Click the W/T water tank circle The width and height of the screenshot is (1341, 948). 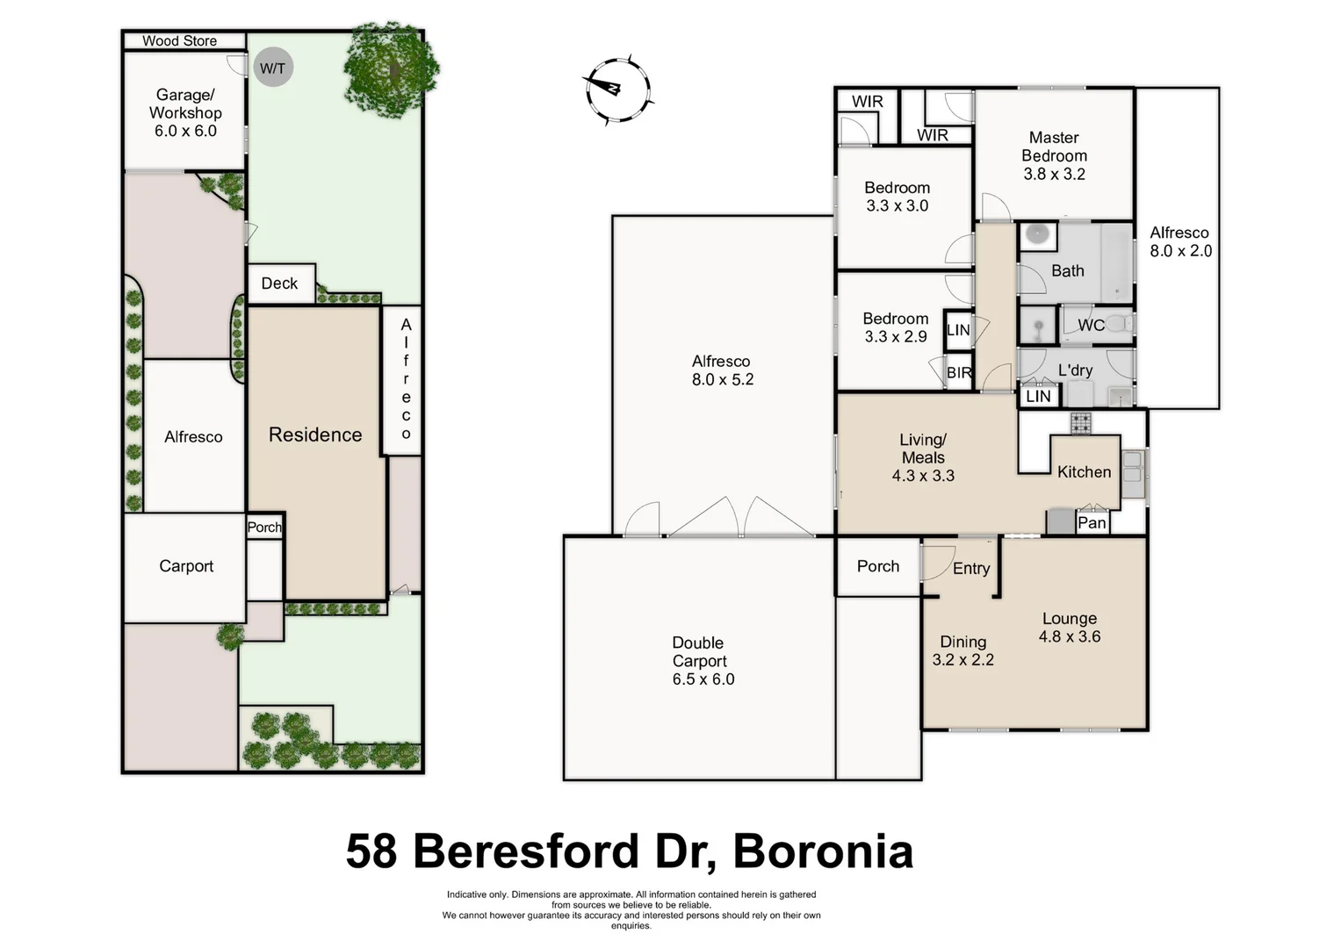(x=272, y=68)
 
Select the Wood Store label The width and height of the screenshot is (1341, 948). (x=179, y=40)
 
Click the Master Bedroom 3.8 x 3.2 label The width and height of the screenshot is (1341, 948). (x=1054, y=155)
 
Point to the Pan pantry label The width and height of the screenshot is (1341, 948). (x=1092, y=522)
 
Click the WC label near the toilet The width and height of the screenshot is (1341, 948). (x=1091, y=325)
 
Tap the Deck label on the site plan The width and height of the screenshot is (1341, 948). (x=279, y=283)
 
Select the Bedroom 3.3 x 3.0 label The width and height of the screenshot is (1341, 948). (x=897, y=197)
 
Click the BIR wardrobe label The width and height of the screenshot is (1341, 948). (x=959, y=373)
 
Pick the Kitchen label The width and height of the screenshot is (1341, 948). (x=1084, y=471)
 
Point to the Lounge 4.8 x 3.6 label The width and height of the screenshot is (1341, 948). (x=1069, y=628)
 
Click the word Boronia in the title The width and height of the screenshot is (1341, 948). (x=823, y=851)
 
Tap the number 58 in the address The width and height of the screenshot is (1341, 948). (x=371, y=851)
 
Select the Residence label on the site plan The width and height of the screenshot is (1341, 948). (x=315, y=434)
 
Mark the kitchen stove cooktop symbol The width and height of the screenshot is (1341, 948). (x=1080, y=423)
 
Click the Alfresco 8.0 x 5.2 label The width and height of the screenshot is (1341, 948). (x=722, y=370)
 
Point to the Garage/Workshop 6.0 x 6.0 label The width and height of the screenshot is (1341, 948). (x=185, y=112)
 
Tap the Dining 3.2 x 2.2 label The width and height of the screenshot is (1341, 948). (x=962, y=650)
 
